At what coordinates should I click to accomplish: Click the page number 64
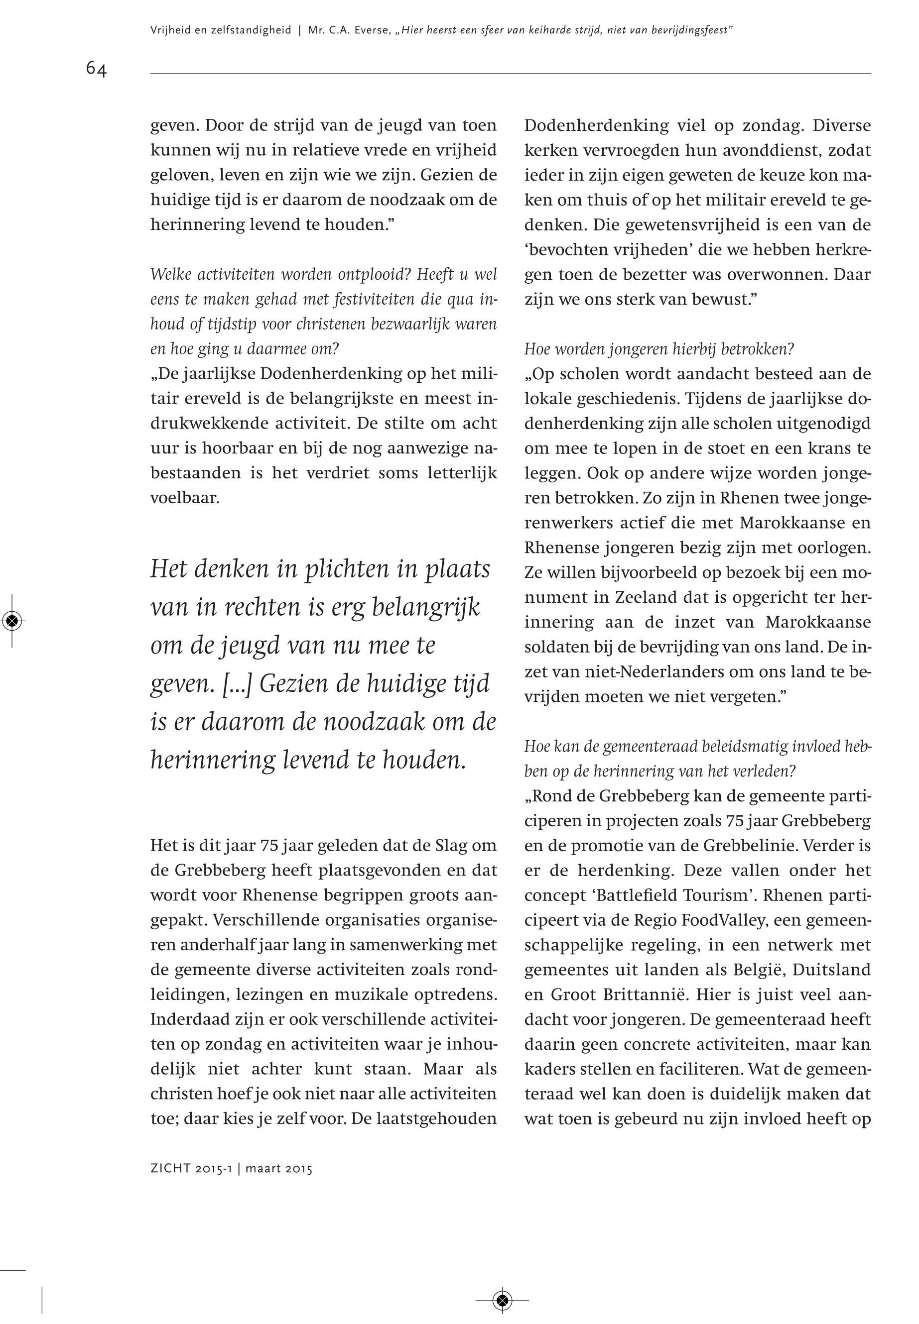(96, 69)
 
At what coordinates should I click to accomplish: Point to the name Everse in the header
(369, 30)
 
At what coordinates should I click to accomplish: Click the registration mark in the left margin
(12, 620)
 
